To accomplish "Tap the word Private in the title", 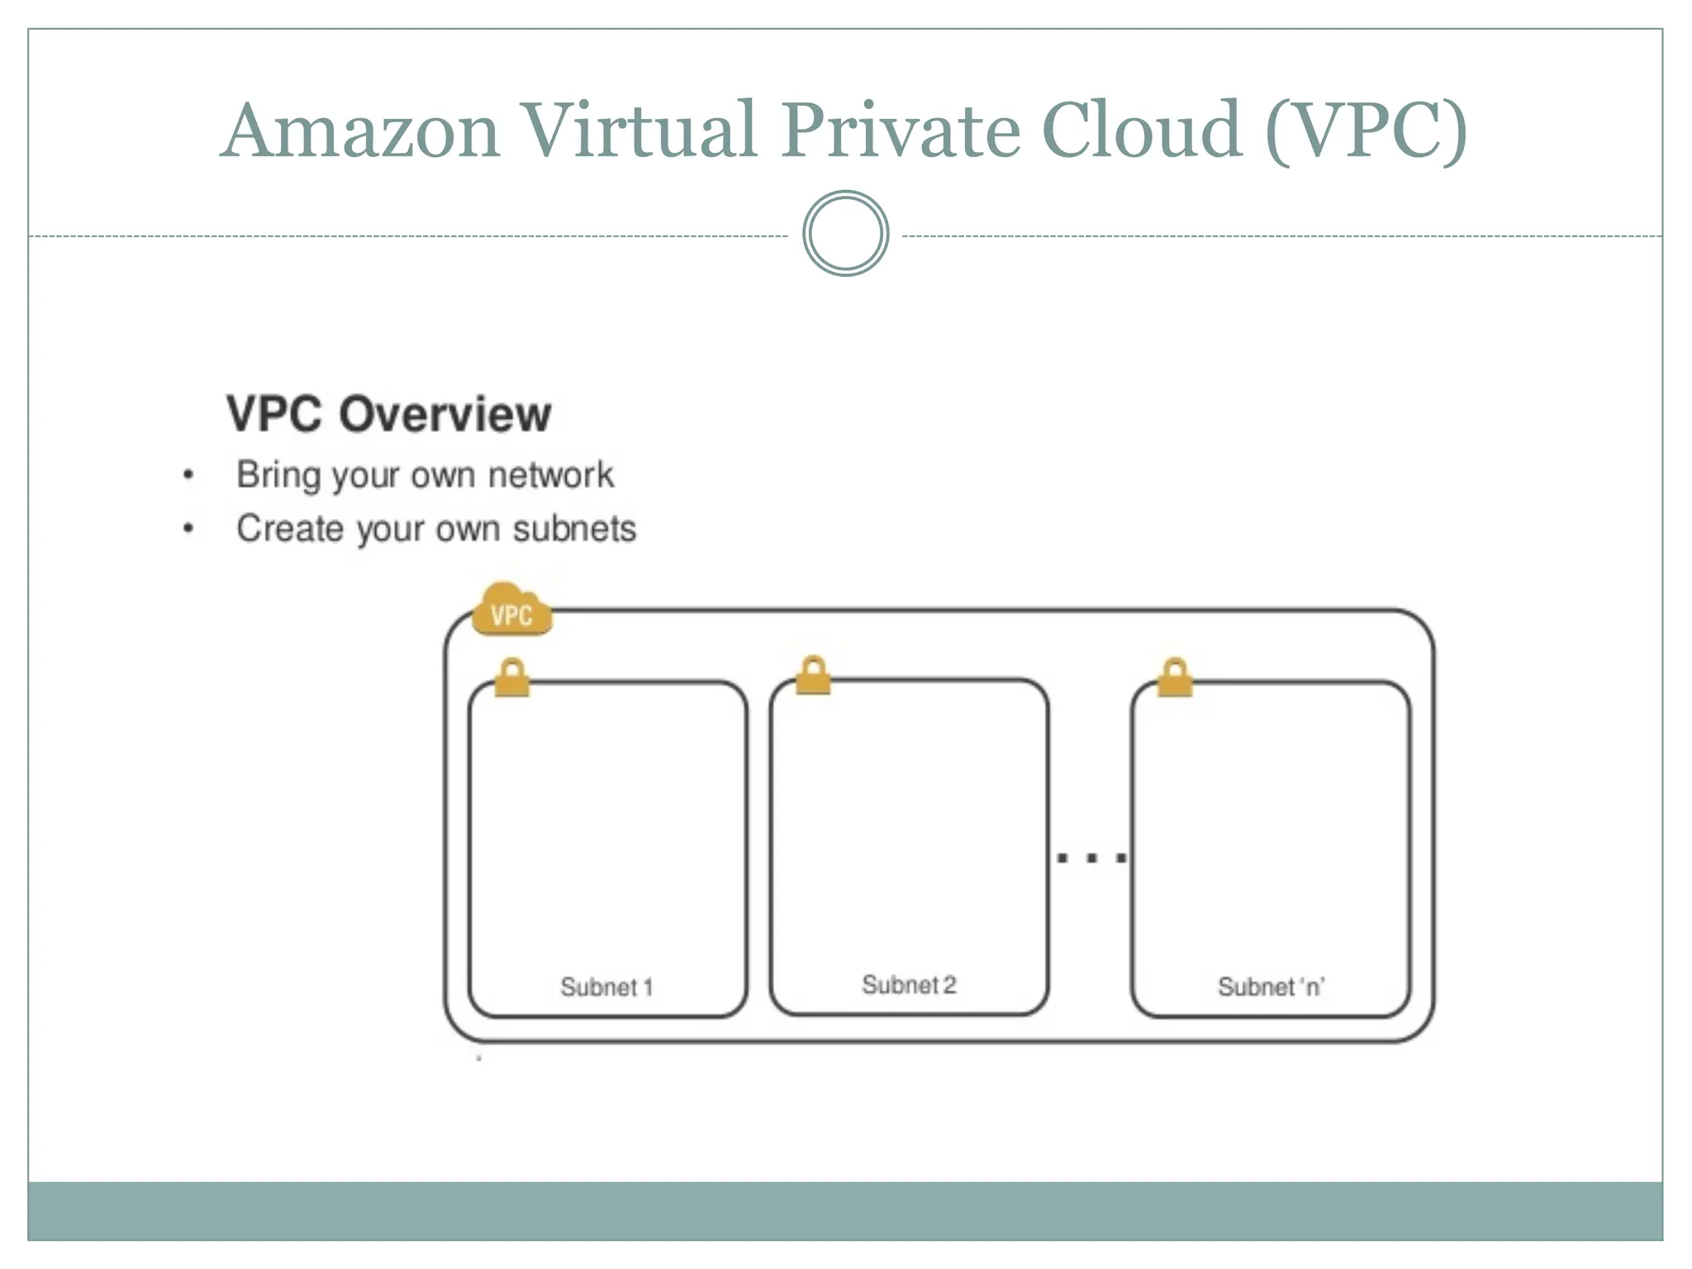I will pyautogui.click(x=901, y=132).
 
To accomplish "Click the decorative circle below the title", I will pyautogui.click(x=845, y=234).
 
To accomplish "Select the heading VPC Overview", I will pyautogui.click(x=388, y=414).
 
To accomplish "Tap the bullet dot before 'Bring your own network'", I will pyautogui.click(x=188, y=475).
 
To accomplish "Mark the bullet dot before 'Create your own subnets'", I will pyautogui.click(x=188, y=528).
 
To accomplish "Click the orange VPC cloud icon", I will pyautogui.click(x=511, y=611).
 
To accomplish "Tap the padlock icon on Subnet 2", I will pyautogui.click(x=814, y=676).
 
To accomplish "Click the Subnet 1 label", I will pyautogui.click(x=606, y=986).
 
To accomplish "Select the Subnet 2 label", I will pyautogui.click(x=909, y=984).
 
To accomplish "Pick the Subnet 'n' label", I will pyautogui.click(x=1271, y=986).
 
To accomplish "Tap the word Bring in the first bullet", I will pyautogui.click(x=278, y=476).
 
